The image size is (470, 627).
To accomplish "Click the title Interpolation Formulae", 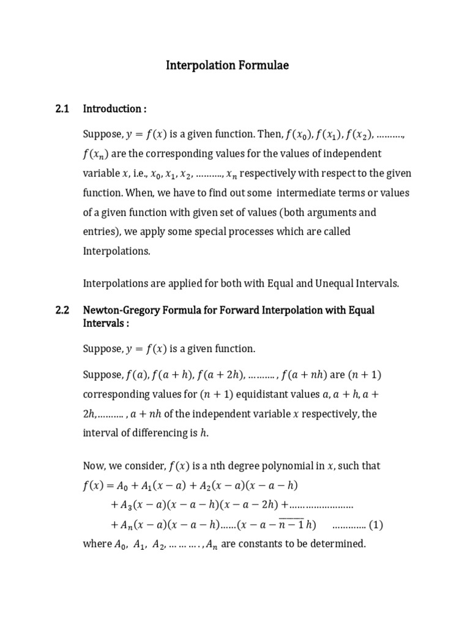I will pos(227,66).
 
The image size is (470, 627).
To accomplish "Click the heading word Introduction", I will pos(112,109).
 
